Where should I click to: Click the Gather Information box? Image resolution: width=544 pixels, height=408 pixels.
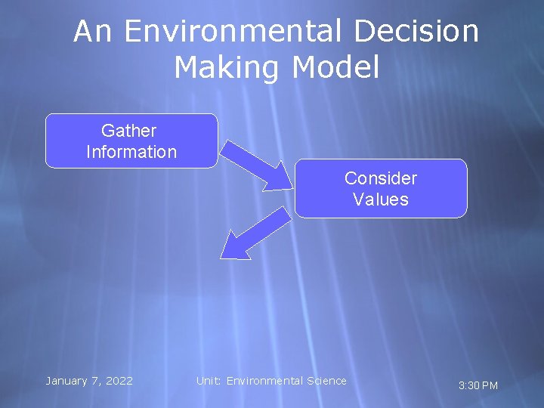(x=131, y=141)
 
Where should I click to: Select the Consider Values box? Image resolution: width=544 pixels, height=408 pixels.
(x=381, y=189)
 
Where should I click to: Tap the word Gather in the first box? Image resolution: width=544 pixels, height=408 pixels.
(x=129, y=131)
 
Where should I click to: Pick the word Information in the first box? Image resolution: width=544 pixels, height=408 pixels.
(x=131, y=152)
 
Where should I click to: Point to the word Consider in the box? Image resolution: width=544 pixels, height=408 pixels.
(x=381, y=178)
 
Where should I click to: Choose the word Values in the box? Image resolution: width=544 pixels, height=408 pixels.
(x=381, y=199)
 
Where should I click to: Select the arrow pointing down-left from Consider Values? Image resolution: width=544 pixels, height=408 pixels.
(x=257, y=233)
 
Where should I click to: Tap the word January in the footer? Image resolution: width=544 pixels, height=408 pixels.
(x=67, y=381)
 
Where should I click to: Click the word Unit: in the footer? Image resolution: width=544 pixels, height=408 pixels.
(x=209, y=381)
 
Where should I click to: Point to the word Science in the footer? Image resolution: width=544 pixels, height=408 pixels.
(x=326, y=381)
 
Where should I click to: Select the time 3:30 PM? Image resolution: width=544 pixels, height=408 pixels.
(x=478, y=386)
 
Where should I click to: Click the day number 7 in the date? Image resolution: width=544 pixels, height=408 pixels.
(x=94, y=381)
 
